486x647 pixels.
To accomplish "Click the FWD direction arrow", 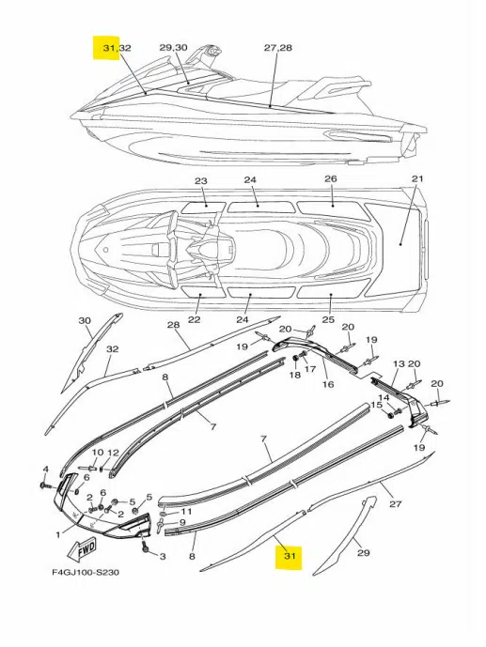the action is [x=82, y=548].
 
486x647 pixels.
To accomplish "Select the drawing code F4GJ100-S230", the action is [x=86, y=572].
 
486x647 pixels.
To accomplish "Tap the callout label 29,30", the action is [x=173, y=48].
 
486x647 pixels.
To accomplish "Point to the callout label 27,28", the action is [x=278, y=48].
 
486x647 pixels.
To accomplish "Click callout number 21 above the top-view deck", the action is [x=418, y=178].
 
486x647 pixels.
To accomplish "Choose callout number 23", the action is [x=201, y=181].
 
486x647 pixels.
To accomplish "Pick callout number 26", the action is [x=331, y=178].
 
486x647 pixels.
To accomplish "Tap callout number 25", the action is [x=328, y=319].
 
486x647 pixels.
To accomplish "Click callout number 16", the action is [x=327, y=384].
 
